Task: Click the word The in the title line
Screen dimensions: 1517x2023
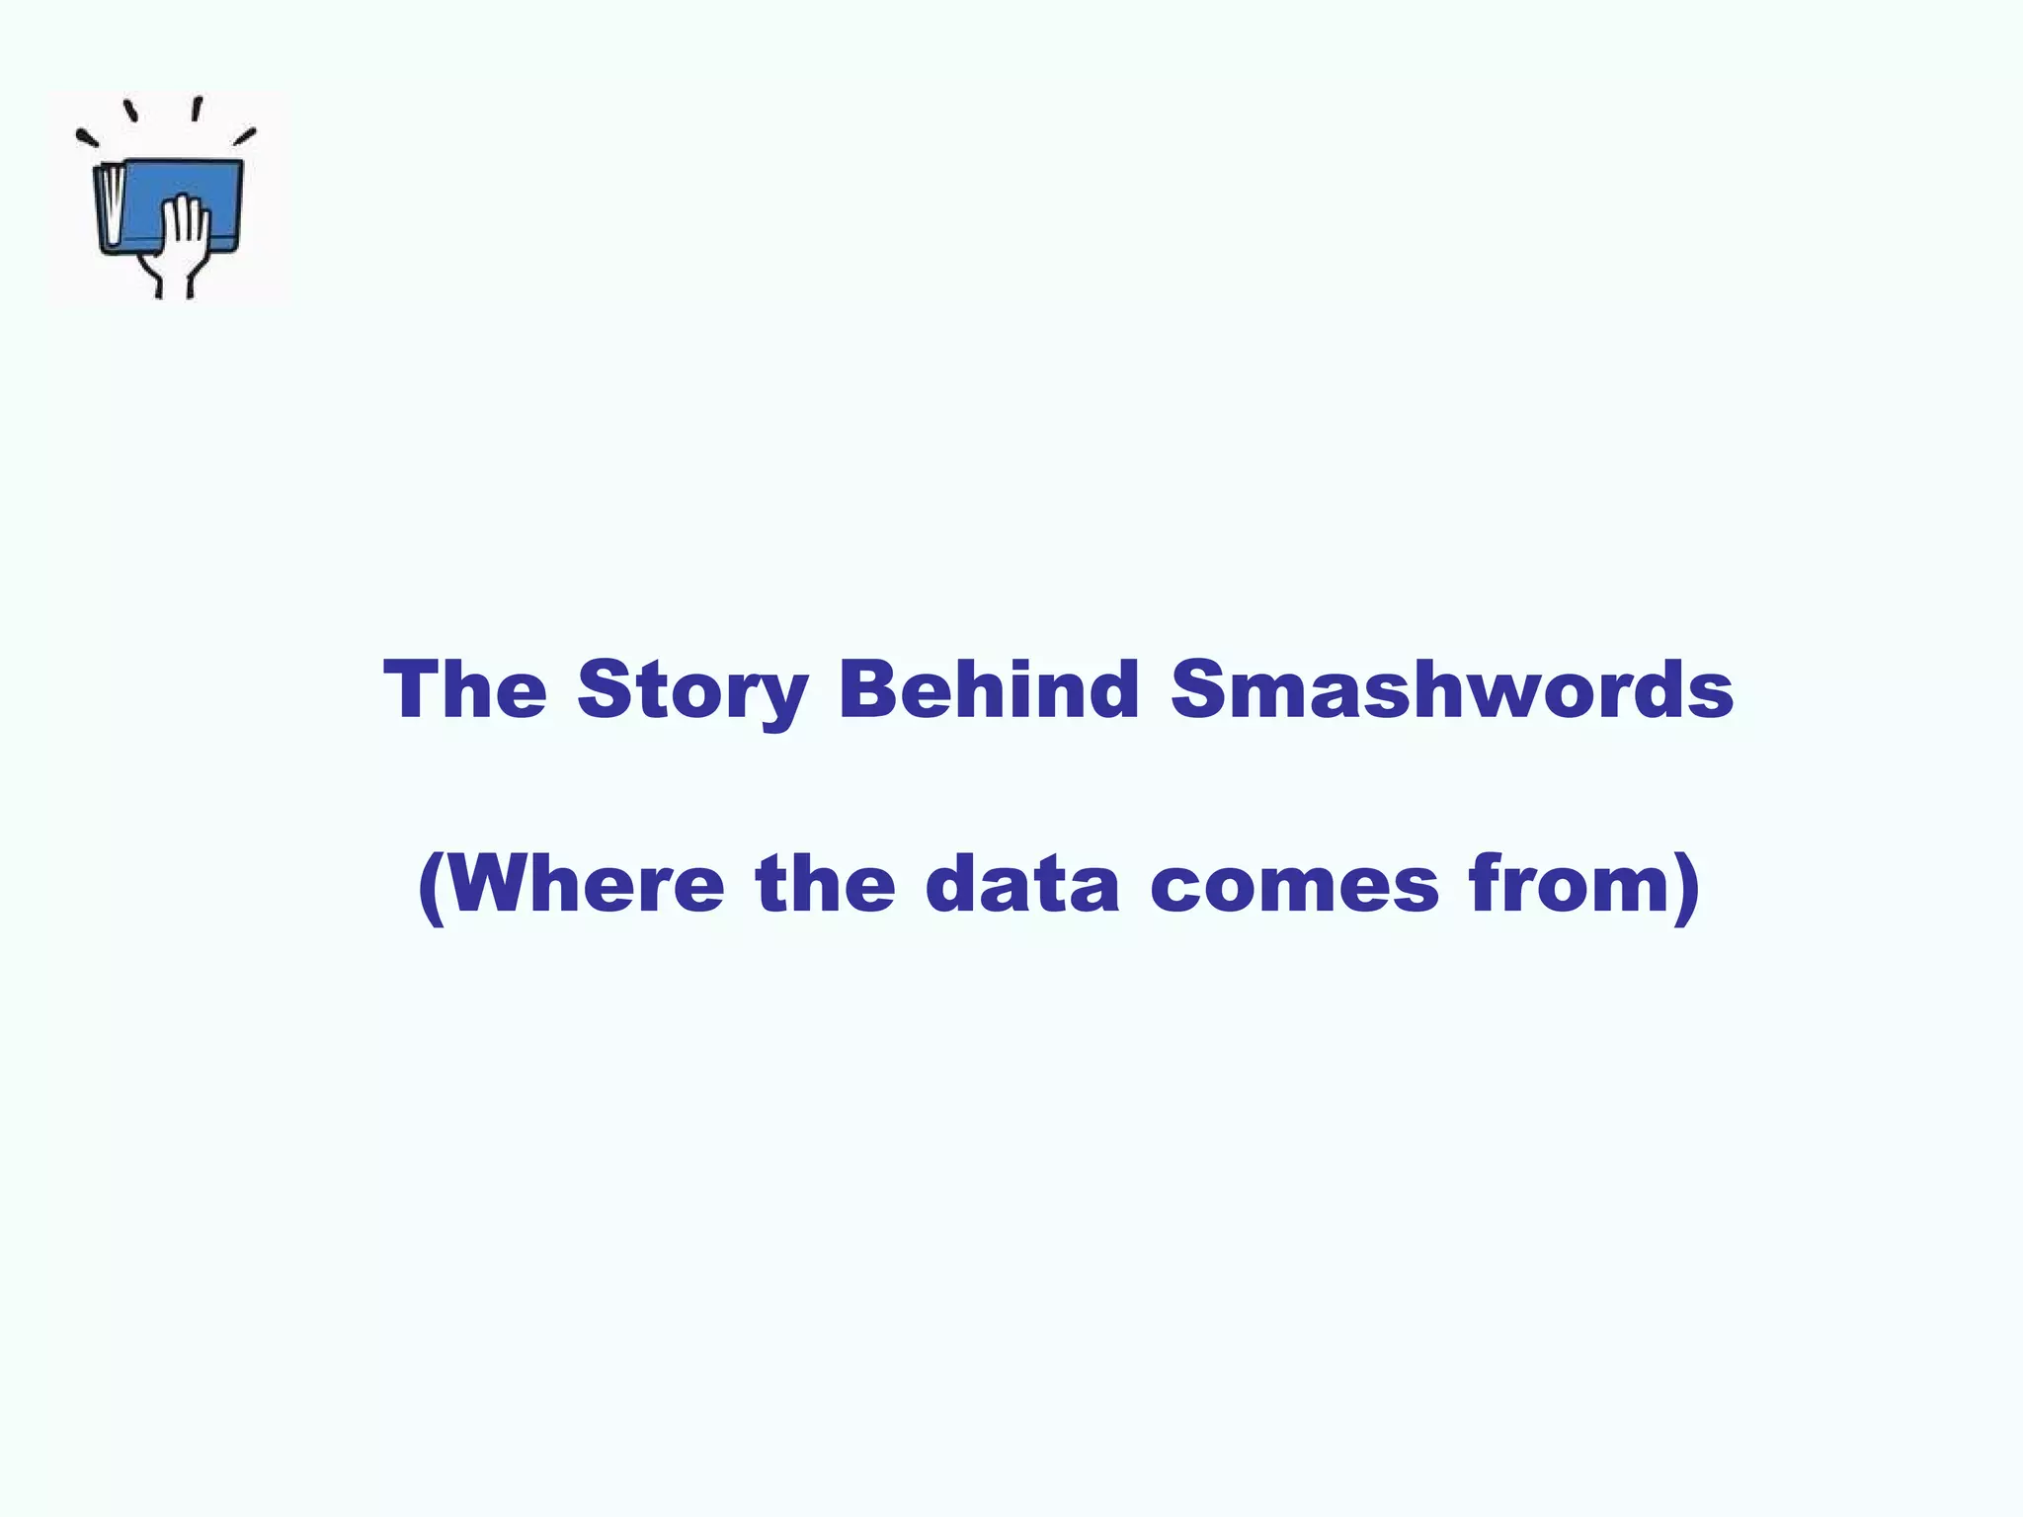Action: pos(465,688)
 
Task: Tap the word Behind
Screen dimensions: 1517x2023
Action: pos(989,688)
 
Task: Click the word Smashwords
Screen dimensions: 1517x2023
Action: pos(1452,688)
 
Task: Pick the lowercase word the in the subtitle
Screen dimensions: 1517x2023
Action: pos(825,883)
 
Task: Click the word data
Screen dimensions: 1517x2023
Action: pos(1022,883)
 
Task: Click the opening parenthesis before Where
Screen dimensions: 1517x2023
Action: pos(431,886)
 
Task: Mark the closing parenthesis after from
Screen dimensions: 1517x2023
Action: pos(1687,886)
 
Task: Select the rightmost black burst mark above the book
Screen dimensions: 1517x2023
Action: pos(245,136)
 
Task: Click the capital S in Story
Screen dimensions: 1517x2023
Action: pos(604,688)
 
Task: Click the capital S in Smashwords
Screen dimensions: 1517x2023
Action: pos(1198,688)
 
